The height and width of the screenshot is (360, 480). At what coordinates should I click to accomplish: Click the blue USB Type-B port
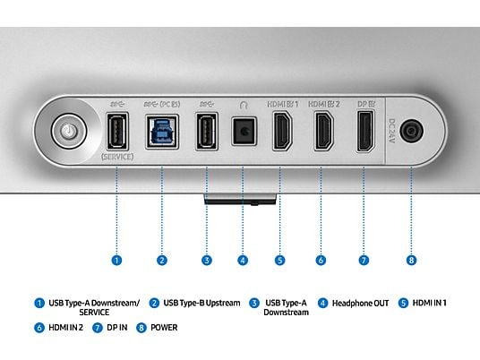click(162, 132)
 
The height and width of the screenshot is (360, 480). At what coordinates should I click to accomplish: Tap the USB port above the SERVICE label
click(117, 132)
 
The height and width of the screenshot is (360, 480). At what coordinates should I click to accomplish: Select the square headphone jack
click(244, 132)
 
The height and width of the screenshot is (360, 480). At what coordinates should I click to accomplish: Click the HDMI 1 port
click(282, 131)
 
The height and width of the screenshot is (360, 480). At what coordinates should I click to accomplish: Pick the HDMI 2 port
click(324, 131)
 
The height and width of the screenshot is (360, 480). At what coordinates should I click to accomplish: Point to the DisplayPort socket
click(365, 131)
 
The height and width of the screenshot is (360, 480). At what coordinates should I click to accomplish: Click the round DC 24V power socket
click(411, 131)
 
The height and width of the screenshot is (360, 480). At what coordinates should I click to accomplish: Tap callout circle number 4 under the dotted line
click(243, 261)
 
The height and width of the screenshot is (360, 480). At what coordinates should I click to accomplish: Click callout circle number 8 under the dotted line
click(411, 261)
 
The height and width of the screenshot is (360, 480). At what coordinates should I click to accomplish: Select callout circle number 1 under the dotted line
click(116, 261)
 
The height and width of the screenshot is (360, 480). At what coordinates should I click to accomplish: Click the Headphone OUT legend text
click(360, 303)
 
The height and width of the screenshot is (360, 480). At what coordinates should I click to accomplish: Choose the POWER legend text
click(164, 327)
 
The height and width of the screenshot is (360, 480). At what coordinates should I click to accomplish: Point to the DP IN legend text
click(117, 327)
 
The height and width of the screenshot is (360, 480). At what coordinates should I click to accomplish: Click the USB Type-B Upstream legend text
click(201, 303)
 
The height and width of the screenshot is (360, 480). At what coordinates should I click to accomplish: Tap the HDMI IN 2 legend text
click(65, 327)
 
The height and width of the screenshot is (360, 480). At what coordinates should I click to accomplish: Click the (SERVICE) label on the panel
click(117, 157)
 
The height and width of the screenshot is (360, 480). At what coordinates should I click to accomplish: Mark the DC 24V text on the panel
click(391, 131)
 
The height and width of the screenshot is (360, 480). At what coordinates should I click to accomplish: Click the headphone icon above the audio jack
click(244, 105)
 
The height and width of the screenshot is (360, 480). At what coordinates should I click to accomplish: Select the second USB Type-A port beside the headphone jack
click(207, 132)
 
